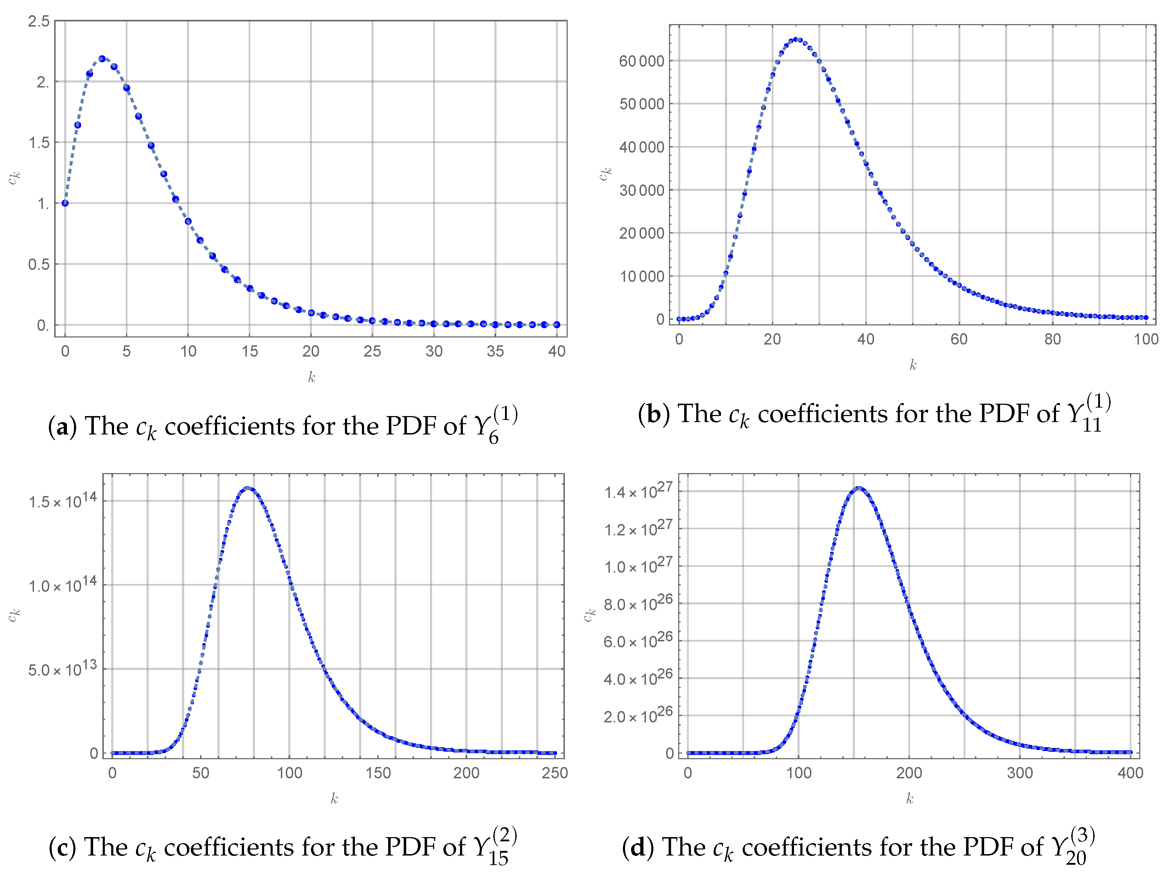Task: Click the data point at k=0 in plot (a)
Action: tap(65, 203)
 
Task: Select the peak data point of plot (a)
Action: tap(102, 59)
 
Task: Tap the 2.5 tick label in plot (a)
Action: tap(39, 21)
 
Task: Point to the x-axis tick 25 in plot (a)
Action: tap(372, 351)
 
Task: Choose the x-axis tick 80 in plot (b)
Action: tap(1052, 339)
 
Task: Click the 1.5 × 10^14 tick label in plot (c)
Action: tap(62, 500)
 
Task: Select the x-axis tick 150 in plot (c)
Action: tap(378, 773)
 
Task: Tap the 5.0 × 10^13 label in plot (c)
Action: tap(62, 669)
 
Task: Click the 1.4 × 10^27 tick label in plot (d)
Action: tap(638, 490)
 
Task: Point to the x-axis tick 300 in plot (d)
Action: tap(1020, 773)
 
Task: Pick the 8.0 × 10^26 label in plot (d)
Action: tap(638, 603)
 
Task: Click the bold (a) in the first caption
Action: tap(62, 426)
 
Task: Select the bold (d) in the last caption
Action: tap(637, 847)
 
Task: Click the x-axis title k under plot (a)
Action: tap(311, 377)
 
